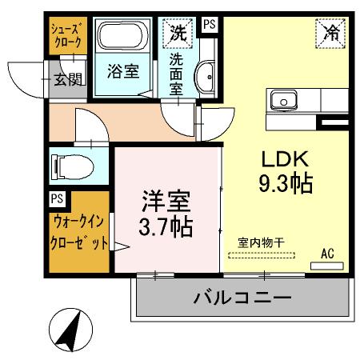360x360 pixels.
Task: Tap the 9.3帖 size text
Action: pos(284,183)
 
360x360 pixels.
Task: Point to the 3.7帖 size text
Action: pos(166,226)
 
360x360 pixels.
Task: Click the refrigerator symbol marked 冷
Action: pos(331,33)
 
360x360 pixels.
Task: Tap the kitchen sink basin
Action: pos(283,101)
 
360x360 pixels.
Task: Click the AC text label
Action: pos(327,254)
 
